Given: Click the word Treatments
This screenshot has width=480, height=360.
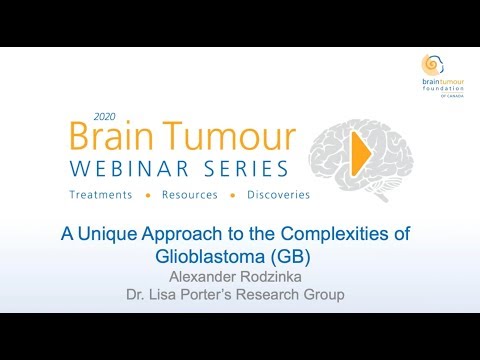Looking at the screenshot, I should point(104,194).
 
